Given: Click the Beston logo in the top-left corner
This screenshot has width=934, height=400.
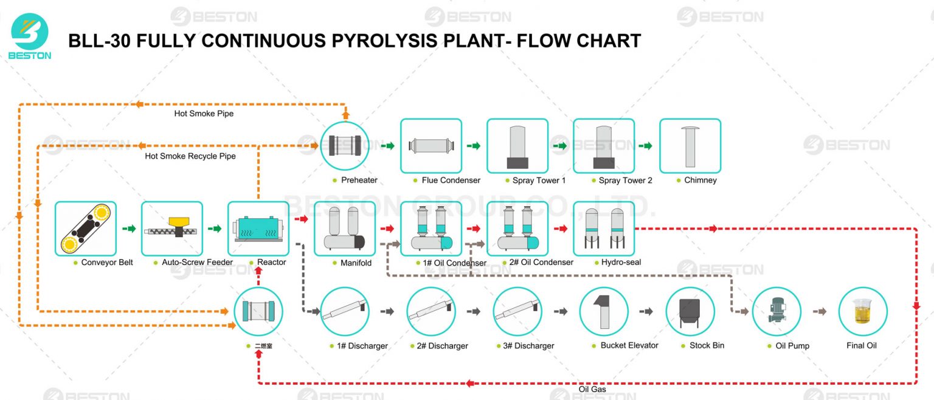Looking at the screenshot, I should pos(30,35).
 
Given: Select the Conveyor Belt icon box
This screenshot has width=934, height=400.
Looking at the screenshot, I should pos(85,229).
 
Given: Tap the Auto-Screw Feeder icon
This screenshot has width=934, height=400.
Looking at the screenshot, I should pos(171,229).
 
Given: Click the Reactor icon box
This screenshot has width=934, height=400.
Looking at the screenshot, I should pos(258,229).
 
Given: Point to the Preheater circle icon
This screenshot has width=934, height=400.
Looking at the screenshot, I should pos(345,145).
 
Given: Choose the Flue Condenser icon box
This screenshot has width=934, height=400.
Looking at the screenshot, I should pos(431,146).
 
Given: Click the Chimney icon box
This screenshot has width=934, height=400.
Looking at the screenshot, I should pos(690,146).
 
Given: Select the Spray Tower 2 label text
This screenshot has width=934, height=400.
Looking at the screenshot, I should pos(625,181).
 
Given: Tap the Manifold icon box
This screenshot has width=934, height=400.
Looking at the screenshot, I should pos(344,229).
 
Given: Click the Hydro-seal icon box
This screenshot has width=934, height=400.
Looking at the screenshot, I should pos(603,229).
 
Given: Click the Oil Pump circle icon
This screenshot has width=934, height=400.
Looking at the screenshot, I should pos(776,311).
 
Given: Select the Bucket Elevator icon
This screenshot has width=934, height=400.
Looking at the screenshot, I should pos(603,311).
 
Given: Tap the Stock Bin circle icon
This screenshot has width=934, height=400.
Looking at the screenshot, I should pos(690,311).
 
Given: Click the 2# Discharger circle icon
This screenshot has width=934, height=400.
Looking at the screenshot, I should pos(431,311).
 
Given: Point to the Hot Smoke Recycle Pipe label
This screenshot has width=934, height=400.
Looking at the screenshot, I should pos(190,156).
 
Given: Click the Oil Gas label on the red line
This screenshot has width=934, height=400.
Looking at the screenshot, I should pos(592,390).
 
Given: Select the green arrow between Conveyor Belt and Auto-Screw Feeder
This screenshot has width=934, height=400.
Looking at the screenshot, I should pos(129,229).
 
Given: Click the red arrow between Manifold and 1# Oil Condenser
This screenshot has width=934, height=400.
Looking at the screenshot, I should pos(387,229).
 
